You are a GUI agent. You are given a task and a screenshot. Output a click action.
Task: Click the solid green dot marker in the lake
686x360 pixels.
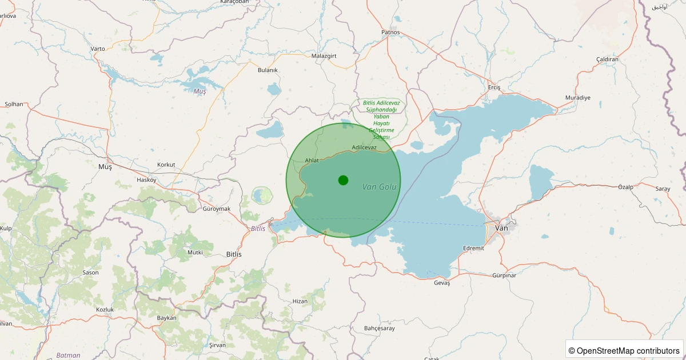[343, 180]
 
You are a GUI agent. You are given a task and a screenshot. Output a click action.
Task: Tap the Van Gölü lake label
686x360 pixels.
[379, 187]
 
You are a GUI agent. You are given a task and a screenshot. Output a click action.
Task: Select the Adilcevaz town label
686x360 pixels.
[364, 147]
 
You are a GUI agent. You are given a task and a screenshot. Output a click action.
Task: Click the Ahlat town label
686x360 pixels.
[312, 161]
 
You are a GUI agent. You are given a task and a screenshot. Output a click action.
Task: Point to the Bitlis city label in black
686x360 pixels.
[234, 254]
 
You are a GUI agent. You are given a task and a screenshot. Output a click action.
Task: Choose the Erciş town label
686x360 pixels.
[494, 87]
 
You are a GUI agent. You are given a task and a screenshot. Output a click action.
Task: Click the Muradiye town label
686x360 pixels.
[577, 98]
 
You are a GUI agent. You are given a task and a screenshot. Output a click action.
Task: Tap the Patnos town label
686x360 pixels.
[390, 33]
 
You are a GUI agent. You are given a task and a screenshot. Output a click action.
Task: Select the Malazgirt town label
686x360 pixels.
[324, 56]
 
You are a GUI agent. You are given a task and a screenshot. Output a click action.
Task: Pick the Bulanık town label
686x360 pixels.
[268, 70]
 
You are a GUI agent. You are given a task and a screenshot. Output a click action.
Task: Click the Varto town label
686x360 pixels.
[98, 49]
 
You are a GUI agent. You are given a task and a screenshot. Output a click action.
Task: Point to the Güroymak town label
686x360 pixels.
[217, 209]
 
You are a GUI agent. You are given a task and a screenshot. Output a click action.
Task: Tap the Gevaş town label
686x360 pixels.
[442, 283]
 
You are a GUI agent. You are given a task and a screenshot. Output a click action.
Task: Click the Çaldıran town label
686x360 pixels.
[607, 59]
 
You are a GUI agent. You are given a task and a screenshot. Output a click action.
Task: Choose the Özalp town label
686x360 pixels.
[626, 187]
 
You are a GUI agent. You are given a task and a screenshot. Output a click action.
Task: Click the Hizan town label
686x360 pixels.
[300, 301]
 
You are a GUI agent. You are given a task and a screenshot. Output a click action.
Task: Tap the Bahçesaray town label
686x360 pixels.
[379, 329]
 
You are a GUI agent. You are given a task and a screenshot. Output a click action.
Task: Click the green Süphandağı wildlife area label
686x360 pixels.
[381, 119]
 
